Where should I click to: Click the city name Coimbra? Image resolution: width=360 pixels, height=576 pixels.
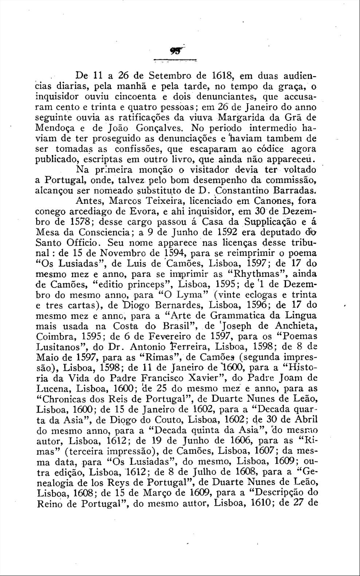tap(55, 336)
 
